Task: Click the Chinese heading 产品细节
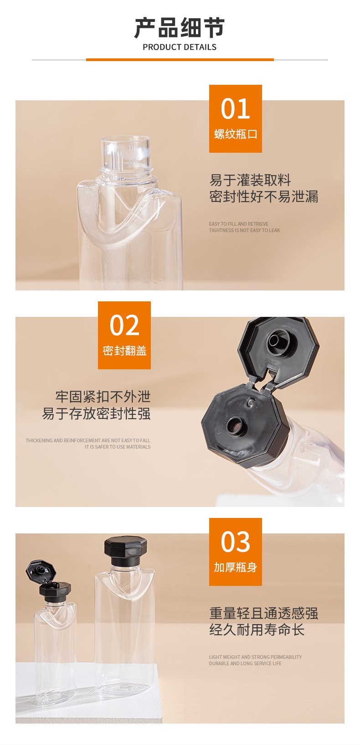tap(180, 28)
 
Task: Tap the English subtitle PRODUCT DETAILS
tap(180, 47)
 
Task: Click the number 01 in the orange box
tap(235, 109)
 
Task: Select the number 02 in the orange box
tap(124, 325)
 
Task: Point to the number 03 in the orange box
tap(235, 542)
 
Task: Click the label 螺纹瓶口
tap(236, 134)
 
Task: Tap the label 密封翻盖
tap(125, 351)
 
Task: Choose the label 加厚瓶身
tap(236, 567)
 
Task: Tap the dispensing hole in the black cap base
tap(237, 426)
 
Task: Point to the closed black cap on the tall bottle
tap(125, 550)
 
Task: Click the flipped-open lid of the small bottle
tap(41, 571)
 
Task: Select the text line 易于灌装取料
tap(250, 180)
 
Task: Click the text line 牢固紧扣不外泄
tap(103, 397)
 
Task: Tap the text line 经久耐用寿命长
tap(257, 630)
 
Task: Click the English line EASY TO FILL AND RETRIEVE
tap(239, 224)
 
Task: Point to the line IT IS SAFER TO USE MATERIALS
tap(118, 447)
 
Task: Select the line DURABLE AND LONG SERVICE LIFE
tap(245, 663)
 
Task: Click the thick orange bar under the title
tap(180, 60)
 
